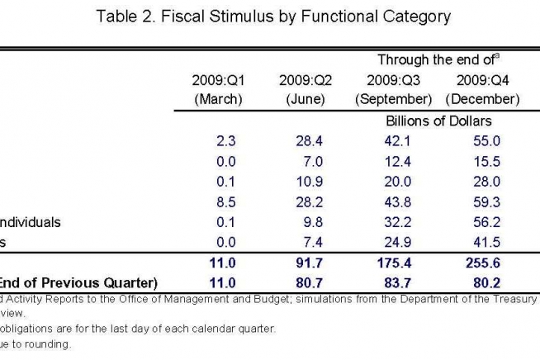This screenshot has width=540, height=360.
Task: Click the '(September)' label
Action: pos(394,99)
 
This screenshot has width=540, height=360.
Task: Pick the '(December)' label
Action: pos(481,99)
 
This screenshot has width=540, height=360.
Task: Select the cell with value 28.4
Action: pos(309,140)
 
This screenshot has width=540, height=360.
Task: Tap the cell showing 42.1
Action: pos(398,140)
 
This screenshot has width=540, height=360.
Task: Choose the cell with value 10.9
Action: pos(309,182)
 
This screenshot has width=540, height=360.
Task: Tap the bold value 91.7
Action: pos(309,263)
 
